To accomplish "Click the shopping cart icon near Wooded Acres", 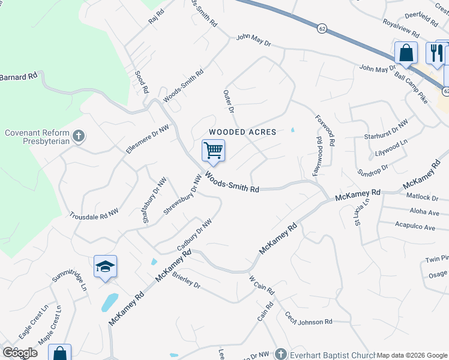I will [x=213, y=150].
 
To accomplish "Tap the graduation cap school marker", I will [x=105, y=266].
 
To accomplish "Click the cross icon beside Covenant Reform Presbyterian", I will [x=77, y=137].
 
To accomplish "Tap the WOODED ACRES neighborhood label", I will [x=242, y=132].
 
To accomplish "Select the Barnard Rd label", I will [x=19, y=77].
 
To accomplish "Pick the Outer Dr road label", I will [x=228, y=100].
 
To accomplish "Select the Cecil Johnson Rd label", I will [x=309, y=319].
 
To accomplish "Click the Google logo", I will [x=20, y=352].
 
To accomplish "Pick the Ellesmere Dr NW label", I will [x=146, y=139].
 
